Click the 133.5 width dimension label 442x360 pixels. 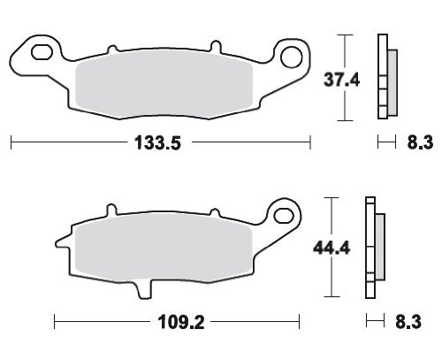click(157, 142)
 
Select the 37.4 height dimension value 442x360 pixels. click(341, 80)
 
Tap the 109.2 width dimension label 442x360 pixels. click(181, 322)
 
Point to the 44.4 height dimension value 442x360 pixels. click(331, 248)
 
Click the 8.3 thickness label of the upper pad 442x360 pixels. click(420, 142)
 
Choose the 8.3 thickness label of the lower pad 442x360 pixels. click(408, 322)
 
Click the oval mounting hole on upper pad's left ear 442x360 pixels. click(42, 52)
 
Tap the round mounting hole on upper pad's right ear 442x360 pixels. click(291, 57)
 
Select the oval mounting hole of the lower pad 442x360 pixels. click(284, 215)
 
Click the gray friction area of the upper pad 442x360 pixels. click(164, 84)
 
